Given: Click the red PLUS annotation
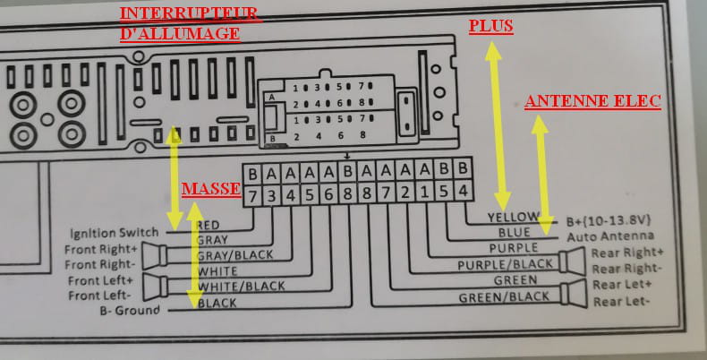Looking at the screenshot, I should pyautogui.click(x=491, y=27).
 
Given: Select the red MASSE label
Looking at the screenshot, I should pyautogui.click(x=210, y=190).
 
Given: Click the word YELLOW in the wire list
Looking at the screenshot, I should pyautogui.click(x=515, y=218).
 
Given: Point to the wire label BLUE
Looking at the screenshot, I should pyautogui.click(x=515, y=233).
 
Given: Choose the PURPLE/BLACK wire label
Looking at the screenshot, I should pyautogui.click(x=505, y=265).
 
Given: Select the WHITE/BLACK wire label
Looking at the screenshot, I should pyautogui.click(x=242, y=286).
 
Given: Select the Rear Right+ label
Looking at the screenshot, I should pyautogui.click(x=627, y=253).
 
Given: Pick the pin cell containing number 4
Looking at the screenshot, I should pyautogui.click(x=463, y=192).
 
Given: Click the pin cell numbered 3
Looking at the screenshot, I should pyautogui.click(x=273, y=192).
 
